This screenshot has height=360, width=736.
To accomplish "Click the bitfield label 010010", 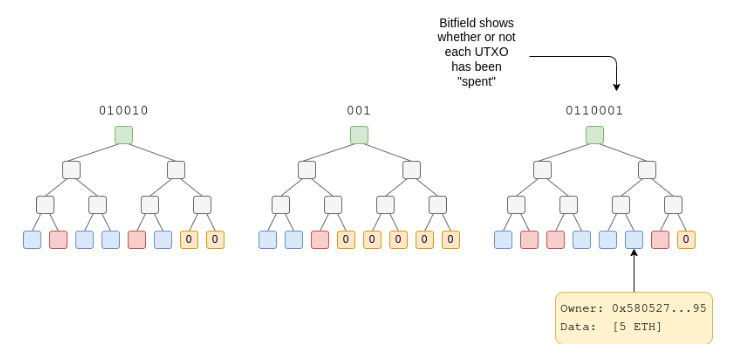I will (124, 110).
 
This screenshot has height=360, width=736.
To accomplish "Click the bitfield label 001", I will (359, 110).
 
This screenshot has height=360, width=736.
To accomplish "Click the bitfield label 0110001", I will (595, 110).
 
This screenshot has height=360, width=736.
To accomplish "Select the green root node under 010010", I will (124, 135).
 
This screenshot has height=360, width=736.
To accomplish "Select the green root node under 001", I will (359, 135).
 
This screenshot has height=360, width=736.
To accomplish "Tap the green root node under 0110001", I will (595, 135).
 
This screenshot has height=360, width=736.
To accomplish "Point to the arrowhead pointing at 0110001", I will (617, 87).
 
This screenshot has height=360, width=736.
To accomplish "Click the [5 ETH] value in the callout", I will (642, 328).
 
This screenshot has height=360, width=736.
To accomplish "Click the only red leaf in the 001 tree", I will (320, 240).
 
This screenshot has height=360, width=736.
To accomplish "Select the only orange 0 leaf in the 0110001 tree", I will (686, 240).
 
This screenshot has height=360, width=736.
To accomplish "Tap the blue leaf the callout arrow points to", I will (634, 240).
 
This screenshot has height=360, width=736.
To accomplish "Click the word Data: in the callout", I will (580, 328).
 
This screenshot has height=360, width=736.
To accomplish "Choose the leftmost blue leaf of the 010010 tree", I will (32, 240).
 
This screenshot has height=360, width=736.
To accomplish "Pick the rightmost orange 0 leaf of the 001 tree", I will (450, 240).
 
